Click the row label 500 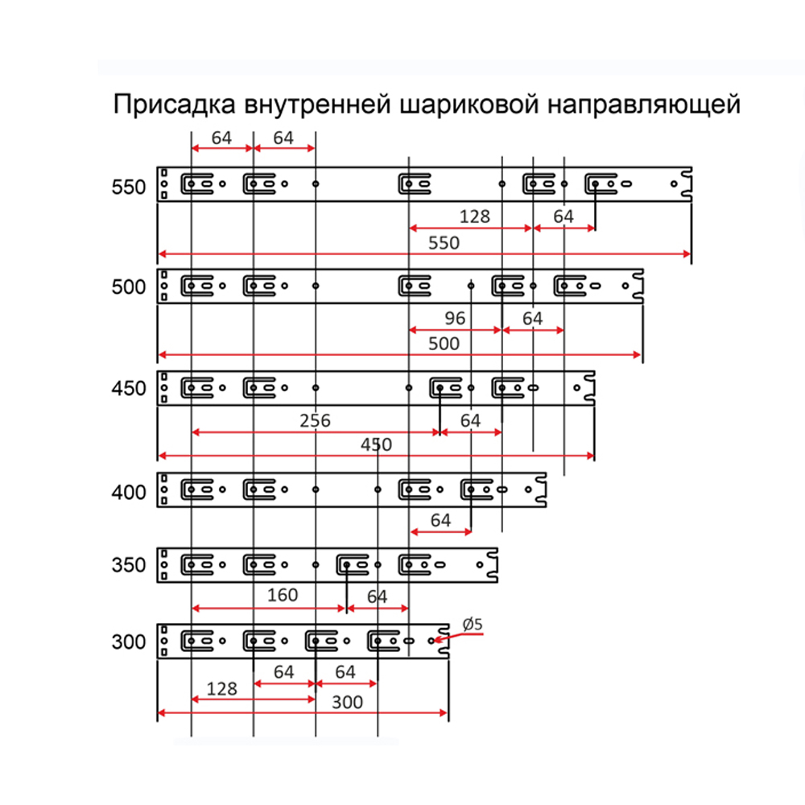pyautogui.click(x=129, y=287)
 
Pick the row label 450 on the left pyautogui.click(x=129, y=389)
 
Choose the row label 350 pyautogui.click(x=129, y=565)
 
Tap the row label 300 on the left pyautogui.click(x=129, y=642)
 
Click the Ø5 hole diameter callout pyautogui.click(x=473, y=623)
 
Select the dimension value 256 pyautogui.click(x=315, y=420)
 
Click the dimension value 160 pyautogui.click(x=283, y=596)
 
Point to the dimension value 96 pyautogui.click(x=455, y=319)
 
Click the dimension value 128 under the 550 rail pyautogui.click(x=475, y=217)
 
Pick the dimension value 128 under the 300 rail pyautogui.click(x=221, y=688)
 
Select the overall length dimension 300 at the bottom pyautogui.click(x=347, y=702)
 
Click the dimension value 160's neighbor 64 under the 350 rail pyautogui.click(x=377, y=597)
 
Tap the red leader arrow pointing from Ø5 pyautogui.click(x=459, y=637)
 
